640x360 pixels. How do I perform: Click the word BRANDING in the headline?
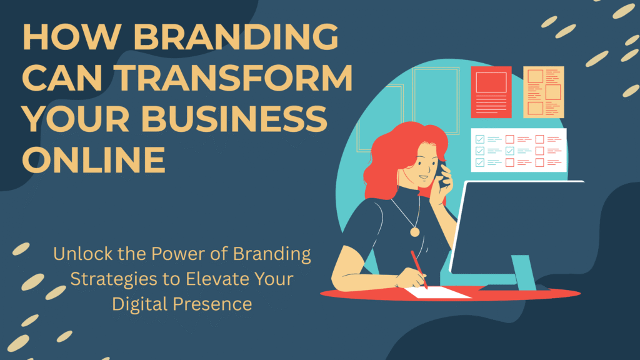coord(227,39)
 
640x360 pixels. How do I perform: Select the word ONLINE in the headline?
coord(94,159)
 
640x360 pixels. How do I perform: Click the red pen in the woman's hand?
coord(419,269)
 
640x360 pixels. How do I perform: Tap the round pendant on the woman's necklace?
coord(414,231)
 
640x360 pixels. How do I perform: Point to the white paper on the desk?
coord(438,291)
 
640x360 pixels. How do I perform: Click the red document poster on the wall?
coord(491,92)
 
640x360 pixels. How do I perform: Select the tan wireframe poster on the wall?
coord(543,92)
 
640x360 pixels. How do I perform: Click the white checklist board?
coord(518,150)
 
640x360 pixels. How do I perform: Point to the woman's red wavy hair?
coord(387,156)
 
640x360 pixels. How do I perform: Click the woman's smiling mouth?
coord(424,177)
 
